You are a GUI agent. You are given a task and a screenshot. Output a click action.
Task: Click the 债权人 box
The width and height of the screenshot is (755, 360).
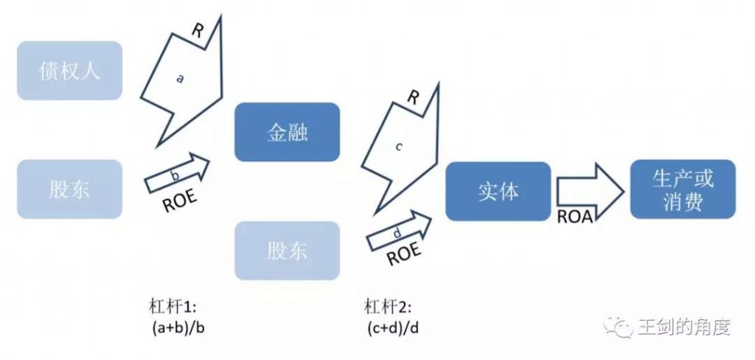pos(70,70)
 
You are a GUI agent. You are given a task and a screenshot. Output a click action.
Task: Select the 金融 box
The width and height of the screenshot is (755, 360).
pos(287,132)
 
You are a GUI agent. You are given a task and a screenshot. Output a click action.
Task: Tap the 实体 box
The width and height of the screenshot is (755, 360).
pos(498,191)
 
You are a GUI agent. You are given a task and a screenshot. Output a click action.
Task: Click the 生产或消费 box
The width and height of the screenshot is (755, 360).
pos(683,189)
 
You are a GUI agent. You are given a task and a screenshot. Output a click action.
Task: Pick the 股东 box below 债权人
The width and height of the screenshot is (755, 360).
pos(70,189)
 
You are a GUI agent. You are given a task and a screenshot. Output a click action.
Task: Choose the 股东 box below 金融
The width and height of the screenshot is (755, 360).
pos(287,251)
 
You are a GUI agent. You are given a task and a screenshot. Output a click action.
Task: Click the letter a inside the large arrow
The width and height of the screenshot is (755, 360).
pos(180,78)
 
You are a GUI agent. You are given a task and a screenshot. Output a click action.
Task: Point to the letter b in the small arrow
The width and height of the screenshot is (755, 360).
pos(175,175)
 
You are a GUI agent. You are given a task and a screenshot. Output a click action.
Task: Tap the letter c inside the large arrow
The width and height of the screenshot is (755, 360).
pos(398,147)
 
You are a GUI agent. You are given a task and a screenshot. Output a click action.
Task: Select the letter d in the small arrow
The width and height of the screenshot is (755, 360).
pos(397,233)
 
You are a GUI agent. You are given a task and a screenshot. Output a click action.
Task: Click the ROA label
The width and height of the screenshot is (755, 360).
pos(574,217)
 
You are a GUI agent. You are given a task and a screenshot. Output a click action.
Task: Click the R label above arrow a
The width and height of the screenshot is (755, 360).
pos(198,30)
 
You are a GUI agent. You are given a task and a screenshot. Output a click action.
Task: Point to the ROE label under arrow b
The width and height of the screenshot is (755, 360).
pos(180,201)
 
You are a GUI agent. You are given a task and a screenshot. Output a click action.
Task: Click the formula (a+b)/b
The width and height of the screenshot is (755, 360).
pos(178,329)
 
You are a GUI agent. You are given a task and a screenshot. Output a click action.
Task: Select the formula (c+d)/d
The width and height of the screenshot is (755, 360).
pos(392,329)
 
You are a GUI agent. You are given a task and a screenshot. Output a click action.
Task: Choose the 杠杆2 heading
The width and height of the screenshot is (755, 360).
pos(388,308)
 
